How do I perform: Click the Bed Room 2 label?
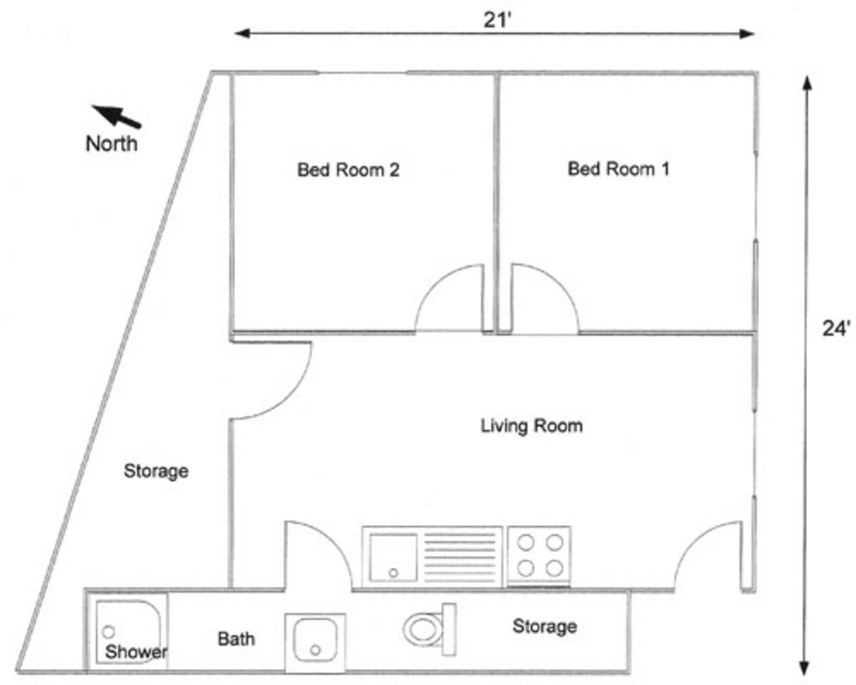[348, 170]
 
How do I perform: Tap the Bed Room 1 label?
[618, 169]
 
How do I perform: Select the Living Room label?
[531, 426]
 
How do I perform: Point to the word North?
[111, 143]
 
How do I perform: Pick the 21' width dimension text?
[498, 20]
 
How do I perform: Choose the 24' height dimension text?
[836, 328]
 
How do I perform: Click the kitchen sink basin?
[393, 557]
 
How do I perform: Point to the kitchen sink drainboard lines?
[460, 557]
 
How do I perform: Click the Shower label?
[136, 652]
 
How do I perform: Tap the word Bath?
[236, 639]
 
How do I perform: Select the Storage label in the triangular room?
[156, 471]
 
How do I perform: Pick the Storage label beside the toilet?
[545, 626]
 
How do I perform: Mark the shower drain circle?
[109, 631]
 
